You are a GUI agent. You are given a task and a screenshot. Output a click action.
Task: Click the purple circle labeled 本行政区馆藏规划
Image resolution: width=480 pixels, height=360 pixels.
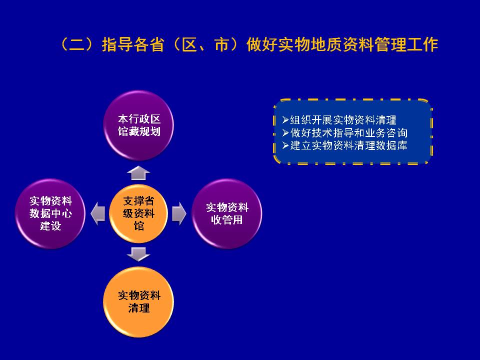click(138, 125)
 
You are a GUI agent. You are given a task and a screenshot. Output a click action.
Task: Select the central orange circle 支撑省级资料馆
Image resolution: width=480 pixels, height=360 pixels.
click(138, 213)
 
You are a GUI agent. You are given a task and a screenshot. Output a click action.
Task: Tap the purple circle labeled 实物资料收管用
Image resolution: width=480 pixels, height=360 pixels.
click(227, 213)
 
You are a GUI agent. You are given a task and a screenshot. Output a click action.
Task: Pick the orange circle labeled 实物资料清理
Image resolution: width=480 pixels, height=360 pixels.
click(138, 302)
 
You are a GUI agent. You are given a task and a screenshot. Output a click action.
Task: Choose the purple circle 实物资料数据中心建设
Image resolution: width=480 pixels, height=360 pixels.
click(50, 213)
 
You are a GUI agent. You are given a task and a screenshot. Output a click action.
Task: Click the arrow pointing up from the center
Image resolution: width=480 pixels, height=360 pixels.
click(138, 173)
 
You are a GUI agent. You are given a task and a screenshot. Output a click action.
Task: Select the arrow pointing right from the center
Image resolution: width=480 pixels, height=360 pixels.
click(179, 213)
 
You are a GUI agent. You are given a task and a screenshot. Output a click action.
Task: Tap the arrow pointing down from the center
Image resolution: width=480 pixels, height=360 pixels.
click(138, 254)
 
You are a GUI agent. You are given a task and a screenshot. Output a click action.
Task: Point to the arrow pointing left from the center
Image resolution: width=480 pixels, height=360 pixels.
click(98, 213)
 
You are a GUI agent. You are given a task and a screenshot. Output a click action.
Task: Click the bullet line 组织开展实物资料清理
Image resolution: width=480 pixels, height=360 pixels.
click(339, 119)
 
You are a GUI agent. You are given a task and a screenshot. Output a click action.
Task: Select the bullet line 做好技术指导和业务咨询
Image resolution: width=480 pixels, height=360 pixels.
click(344, 132)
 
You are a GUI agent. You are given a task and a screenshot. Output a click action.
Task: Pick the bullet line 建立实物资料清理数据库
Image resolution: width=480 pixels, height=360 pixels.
click(344, 145)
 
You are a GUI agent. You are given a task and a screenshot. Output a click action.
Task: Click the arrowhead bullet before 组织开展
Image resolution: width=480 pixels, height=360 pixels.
click(285, 119)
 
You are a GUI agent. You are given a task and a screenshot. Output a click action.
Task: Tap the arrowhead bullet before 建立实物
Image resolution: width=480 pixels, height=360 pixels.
click(285, 145)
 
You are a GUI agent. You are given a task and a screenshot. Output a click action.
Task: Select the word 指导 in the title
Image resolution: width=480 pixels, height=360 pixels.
click(117, 44)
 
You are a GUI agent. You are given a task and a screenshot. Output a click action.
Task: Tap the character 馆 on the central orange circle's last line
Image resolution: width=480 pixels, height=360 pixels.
click(138, 226)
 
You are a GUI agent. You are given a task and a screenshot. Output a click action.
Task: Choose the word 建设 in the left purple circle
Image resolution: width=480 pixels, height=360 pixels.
click(50, 226)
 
